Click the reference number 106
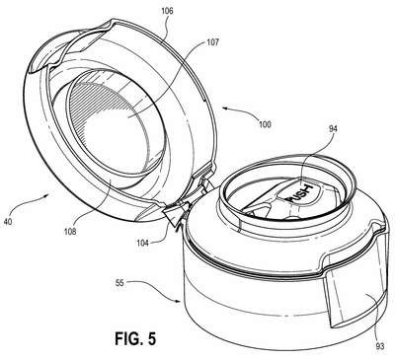click(x=167, y=11)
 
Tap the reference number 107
click(x=212, y=42)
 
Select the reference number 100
click(x=265, y=124)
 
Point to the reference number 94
click(x=333, y=129)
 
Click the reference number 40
click(x=7, y=222)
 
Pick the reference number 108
click(x=70, y=232)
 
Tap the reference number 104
click(x=143, y=243)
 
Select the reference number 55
click(x=119, y=282)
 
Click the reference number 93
click(x=380, y=346)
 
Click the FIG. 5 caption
click(x=135, y=338)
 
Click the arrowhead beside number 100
click(x=225, y=108)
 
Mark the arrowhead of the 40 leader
click(x=48, y=196)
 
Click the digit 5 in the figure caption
click(x=151, y=339)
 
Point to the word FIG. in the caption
click(x=128, y=338)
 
